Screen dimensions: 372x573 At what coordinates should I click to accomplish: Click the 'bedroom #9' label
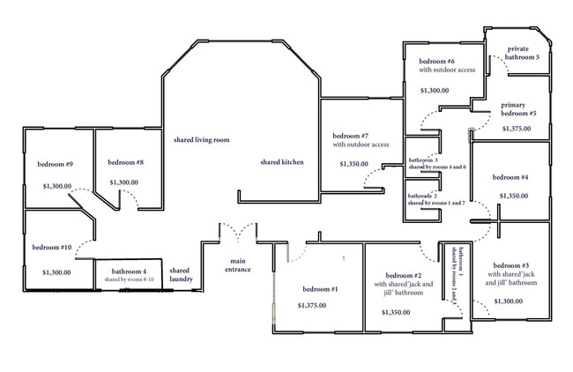(x=55, y=164)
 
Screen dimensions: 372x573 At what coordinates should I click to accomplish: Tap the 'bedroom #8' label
(x=126, y=162)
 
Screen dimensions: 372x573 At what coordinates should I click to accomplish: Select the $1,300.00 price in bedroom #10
(x=56, y=272)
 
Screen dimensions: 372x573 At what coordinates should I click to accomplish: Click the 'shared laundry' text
(x=180, y=275)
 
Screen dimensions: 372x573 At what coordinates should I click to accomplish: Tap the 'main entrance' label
(x=238, y=265)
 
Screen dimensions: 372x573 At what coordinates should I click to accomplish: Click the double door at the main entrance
(x=237, y=231)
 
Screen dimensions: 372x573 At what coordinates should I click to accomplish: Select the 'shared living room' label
(x=201, y=139)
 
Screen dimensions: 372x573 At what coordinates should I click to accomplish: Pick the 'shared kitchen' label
(x=282, y=162)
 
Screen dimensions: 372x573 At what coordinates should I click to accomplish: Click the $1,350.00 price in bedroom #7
(x=353, y=164)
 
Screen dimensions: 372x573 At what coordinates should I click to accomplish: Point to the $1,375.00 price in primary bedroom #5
(x=517, y=129)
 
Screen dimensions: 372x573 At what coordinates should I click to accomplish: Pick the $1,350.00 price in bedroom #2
(x=397, y=312)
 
